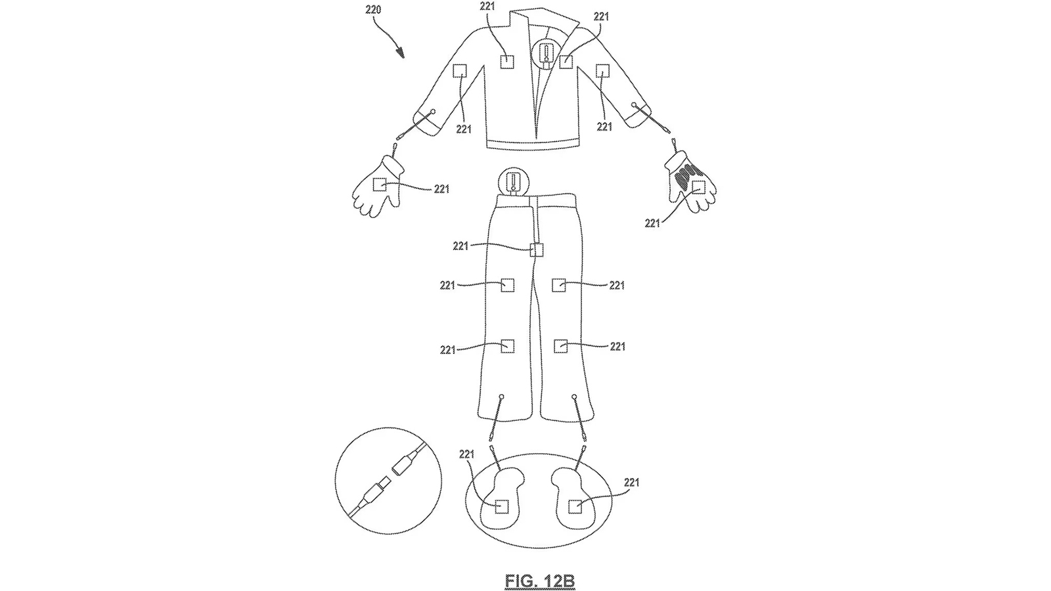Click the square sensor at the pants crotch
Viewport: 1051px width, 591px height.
(537, 250)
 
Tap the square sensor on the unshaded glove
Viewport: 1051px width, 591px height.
(380, 185)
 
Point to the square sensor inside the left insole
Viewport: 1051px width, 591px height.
(501, 506)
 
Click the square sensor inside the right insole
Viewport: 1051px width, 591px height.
(575, 506)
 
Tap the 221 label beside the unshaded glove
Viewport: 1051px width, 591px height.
(441, 189)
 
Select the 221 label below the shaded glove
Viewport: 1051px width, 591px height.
(652, 223)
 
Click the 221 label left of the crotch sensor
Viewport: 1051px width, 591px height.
(460, 246)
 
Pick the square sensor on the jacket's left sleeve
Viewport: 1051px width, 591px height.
(460, 70)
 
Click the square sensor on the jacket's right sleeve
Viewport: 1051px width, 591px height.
(602, 70)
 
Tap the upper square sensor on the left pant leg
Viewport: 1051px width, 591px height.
(507, 285)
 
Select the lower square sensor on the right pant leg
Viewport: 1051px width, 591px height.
(561, 345)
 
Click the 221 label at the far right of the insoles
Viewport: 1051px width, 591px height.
(631, 483)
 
